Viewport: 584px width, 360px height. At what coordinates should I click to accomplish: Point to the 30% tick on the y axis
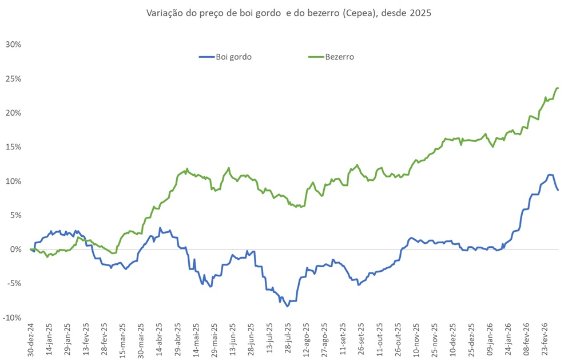[x=13, y=44]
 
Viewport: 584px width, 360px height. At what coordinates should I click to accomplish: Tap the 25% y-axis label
[x=13, y=78]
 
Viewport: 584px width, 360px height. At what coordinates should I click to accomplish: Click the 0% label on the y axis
[x=15, y=250]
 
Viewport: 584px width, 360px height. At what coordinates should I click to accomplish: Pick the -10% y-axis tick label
[x=13, y=318]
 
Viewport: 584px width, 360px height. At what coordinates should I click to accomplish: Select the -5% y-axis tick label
[x=14, y=283]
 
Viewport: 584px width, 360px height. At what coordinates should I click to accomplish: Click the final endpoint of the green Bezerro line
[x=558, y=88]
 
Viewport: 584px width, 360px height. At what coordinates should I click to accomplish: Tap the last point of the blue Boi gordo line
[x=558, y=190]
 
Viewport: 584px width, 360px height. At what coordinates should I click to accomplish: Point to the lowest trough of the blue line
[x=288, y=306]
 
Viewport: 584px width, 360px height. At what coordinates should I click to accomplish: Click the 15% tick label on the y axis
[x=13, y=147]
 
